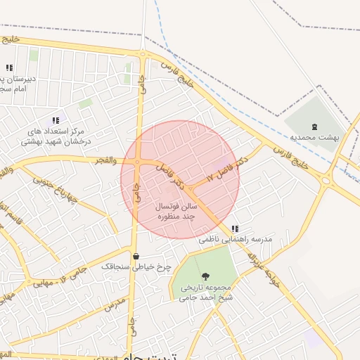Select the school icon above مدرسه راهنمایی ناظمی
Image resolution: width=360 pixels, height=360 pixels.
point(235,229)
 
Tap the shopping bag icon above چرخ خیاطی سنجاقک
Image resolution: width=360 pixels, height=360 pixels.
point(136,256)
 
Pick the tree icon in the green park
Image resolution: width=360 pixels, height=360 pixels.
point(205,276)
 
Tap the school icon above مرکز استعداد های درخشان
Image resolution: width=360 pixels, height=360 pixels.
point(56,120)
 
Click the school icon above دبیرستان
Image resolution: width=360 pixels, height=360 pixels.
point(9,67)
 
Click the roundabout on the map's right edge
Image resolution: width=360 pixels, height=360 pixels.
point(326,180)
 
